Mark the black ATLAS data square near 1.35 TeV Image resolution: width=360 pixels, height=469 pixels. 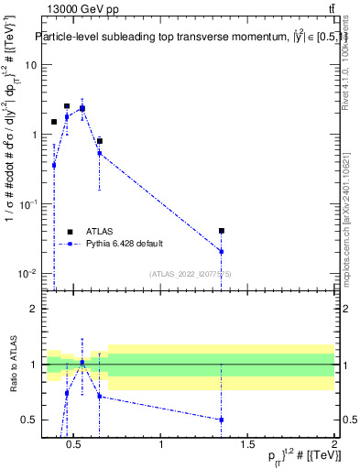coord(222,231)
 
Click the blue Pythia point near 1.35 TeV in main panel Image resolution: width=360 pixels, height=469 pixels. coord(222,251)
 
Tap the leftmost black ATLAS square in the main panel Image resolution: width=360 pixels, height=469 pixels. coord(54,122)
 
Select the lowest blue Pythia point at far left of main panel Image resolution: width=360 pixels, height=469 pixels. coord(54,166)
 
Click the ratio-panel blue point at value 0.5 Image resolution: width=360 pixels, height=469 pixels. coord(222,420)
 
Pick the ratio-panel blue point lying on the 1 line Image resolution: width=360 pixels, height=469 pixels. coord(82,363)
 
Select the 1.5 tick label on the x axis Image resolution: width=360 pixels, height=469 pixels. coord(247,445)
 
